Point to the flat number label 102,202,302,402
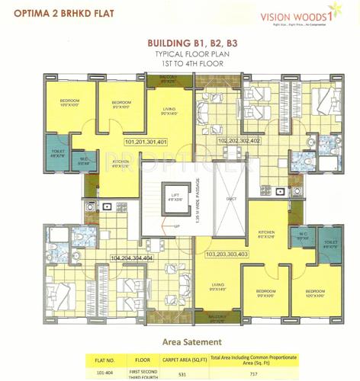click(238, 141)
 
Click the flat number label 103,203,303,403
click(227, 253)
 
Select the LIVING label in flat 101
click(169, 111)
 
